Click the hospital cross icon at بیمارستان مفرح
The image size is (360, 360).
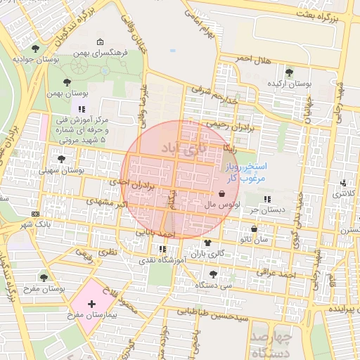coord(91,304)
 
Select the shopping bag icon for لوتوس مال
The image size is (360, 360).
coord(222,193)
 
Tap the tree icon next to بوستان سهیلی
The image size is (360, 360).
coord(62,159)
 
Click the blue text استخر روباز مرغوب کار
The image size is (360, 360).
coord(245,173)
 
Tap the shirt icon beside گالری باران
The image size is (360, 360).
coord(206,241)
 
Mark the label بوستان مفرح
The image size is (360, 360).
coord(44,288)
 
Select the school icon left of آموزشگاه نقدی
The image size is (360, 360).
coord(163,249)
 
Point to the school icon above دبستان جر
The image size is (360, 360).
coord(267,198)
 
